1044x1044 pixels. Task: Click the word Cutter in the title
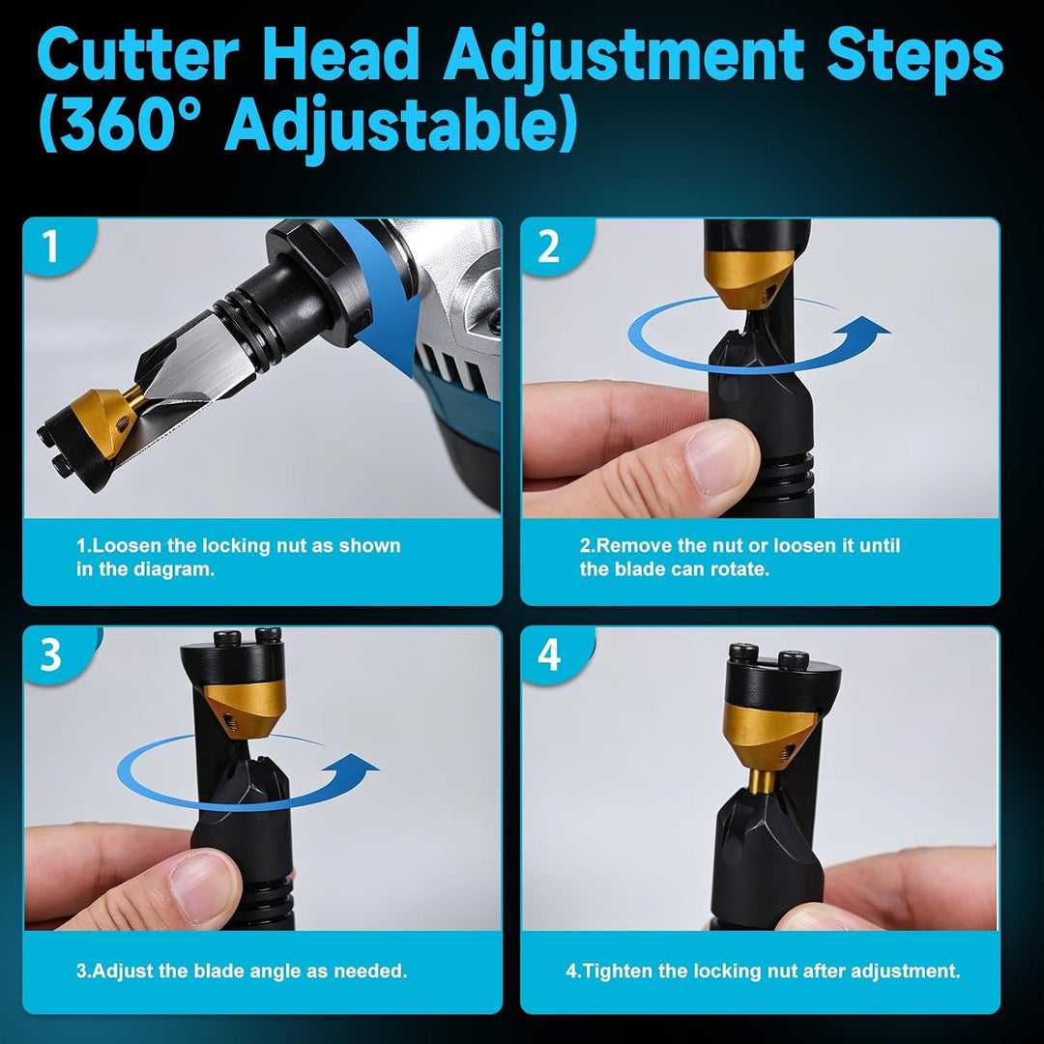click(x=138, y=54)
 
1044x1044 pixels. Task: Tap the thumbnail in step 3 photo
click(x=204, y=888)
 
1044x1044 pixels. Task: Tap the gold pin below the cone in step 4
click(x=761, y=780)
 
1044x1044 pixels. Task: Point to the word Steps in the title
click(x=914, y=59)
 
